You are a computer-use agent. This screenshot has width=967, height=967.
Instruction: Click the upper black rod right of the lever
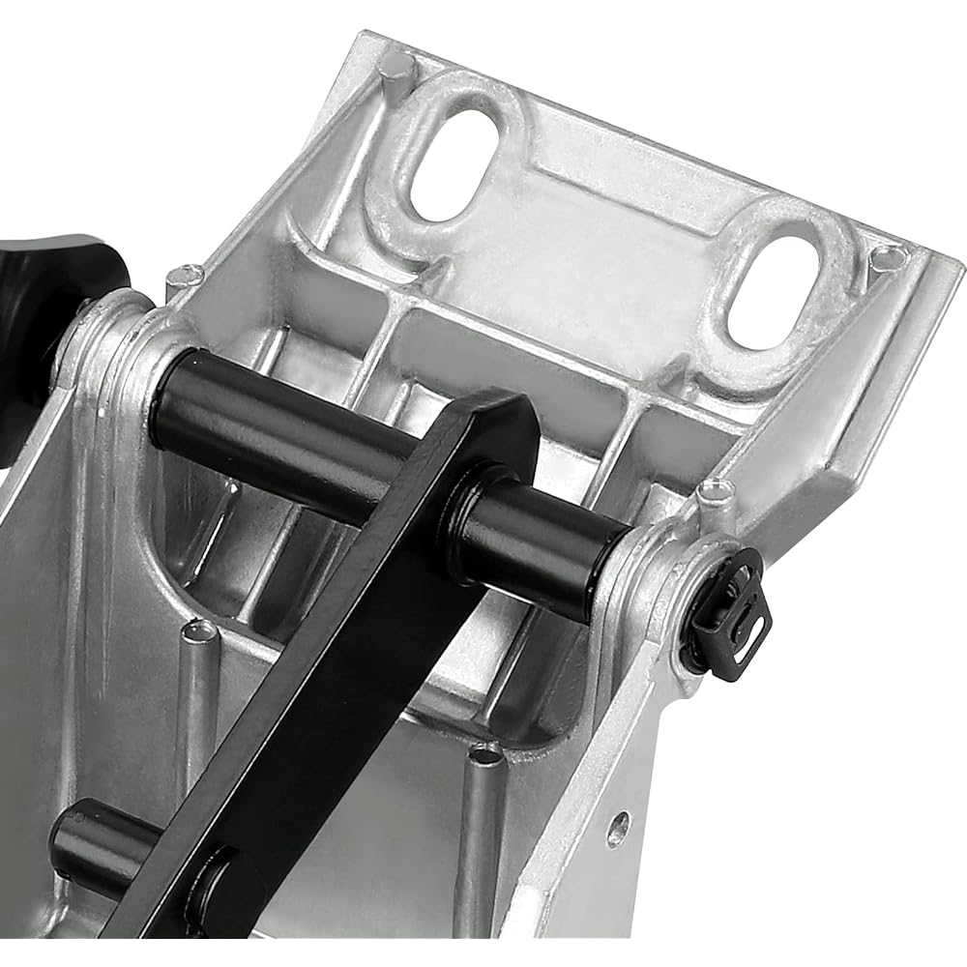click(551, 542)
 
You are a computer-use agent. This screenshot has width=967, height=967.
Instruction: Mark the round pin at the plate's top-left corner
click(396, 65)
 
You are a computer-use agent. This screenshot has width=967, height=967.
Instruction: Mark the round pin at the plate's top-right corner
click(887, 258)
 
